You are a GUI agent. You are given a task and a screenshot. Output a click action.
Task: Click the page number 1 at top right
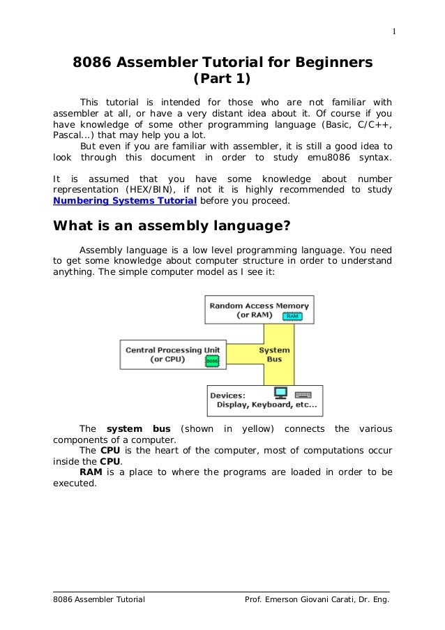tap(394, 31)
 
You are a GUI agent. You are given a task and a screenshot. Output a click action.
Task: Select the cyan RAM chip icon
tap(293, 316)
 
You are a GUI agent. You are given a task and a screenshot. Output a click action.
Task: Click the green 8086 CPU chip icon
tap(212, 360)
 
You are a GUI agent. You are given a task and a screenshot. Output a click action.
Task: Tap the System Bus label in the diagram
tap(274, 354)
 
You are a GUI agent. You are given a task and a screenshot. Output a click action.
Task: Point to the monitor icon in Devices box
tap(281, 393)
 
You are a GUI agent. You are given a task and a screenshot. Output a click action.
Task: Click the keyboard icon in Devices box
tap(303, 394)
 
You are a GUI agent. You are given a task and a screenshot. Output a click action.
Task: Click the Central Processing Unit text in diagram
tap(172, 350)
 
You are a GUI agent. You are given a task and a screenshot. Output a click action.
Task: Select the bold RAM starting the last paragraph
tap(91, 472)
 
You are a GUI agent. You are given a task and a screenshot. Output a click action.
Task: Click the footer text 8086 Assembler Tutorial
tap(99, 600)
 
